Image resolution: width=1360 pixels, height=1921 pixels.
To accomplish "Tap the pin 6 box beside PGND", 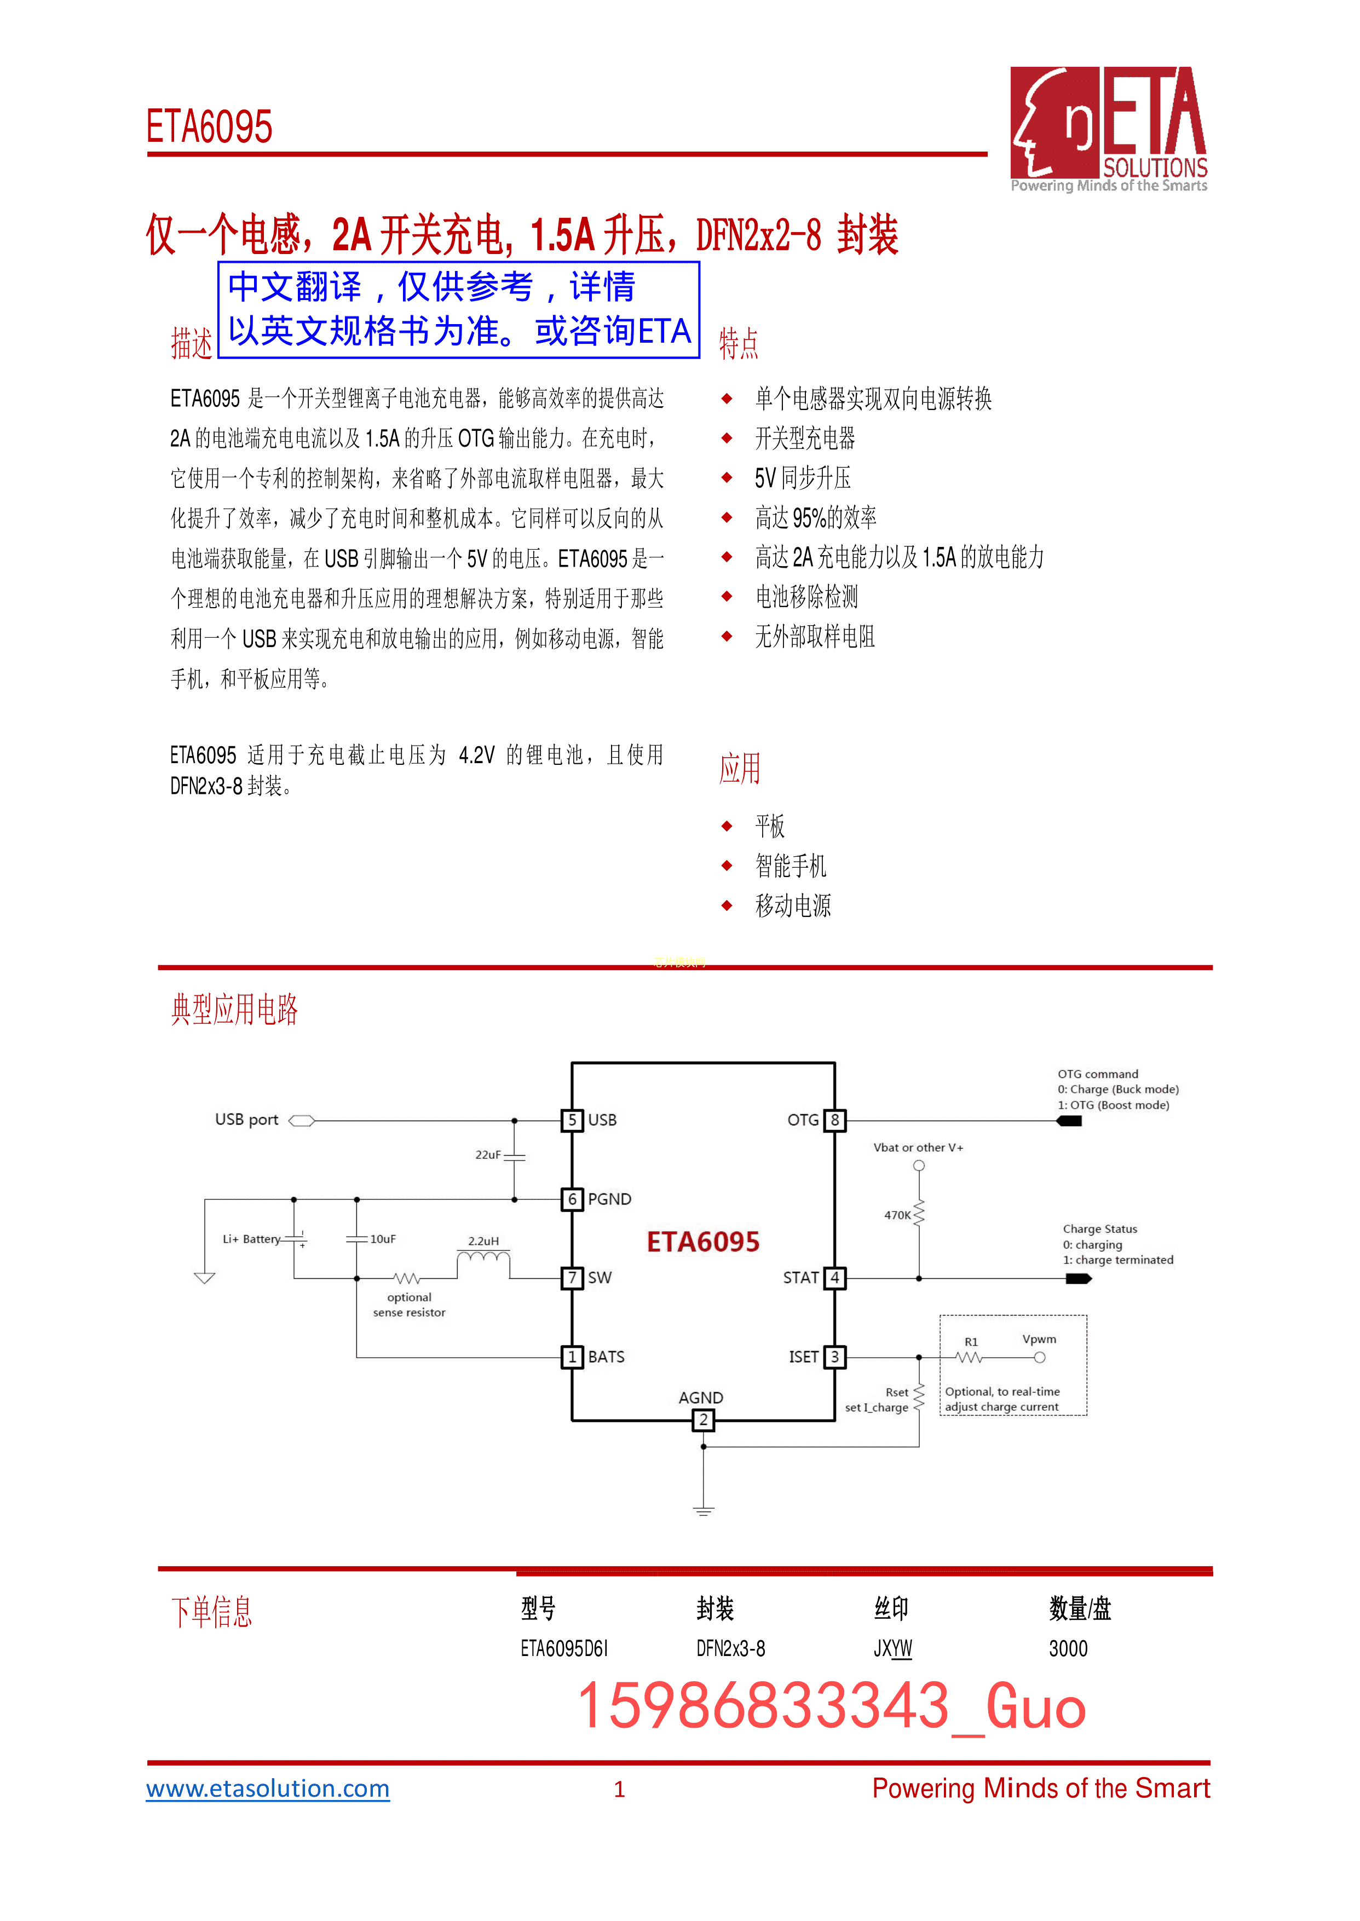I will click(x=572, y=1199).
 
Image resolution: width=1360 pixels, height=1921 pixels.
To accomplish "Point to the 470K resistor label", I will click(x=897, y=1215).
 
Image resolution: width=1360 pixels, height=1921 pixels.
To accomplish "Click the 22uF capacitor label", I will click(x=487, y=1155).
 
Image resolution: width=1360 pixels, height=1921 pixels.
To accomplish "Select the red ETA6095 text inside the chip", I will click(x=702, y=1242).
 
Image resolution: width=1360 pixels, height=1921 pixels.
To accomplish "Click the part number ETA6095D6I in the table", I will click(x=563, y=1649).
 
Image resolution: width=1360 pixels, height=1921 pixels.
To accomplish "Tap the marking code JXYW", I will click(x=893, y=1649).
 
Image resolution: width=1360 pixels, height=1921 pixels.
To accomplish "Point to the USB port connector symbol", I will click(x=302, y=1121).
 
